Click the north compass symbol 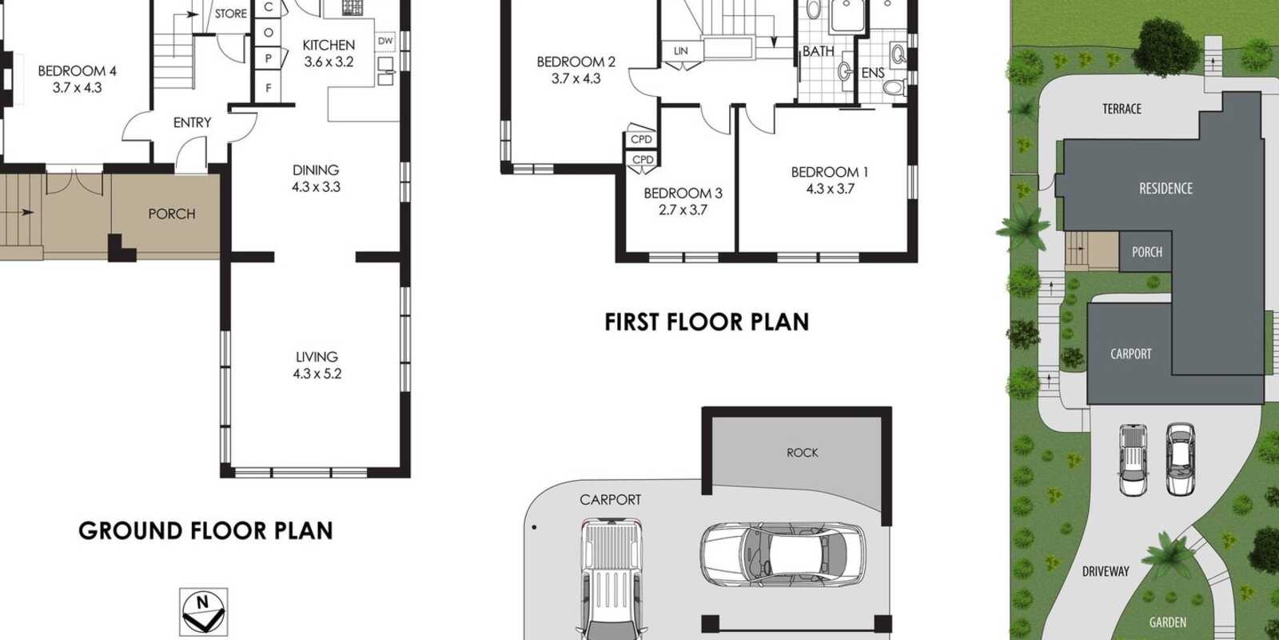(x=203, y=610)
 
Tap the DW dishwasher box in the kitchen (x=385, y=41)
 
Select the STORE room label (x=231, y=14)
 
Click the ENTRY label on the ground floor (x=193, y=122)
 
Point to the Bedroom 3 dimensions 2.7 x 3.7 (x=683, y=210)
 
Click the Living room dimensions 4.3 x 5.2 (x=317, y=374)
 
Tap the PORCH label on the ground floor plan (x=172, y=214)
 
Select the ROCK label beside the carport (x=803, y=453)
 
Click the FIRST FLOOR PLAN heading (x=707, y=322)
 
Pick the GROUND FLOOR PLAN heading (x=205, y=531)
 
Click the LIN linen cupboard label (x=680, y=51)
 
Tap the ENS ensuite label (x=873, y=73)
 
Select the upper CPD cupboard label (x=642, y=139)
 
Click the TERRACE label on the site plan (x=1122, y=109)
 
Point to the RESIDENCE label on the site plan (x=1166, y=189)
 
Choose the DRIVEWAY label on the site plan (x=1106, y=571)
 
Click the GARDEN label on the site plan (x=1168, y=622)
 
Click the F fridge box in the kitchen (x=269, y=88)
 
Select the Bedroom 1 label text (x=830, y=172)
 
